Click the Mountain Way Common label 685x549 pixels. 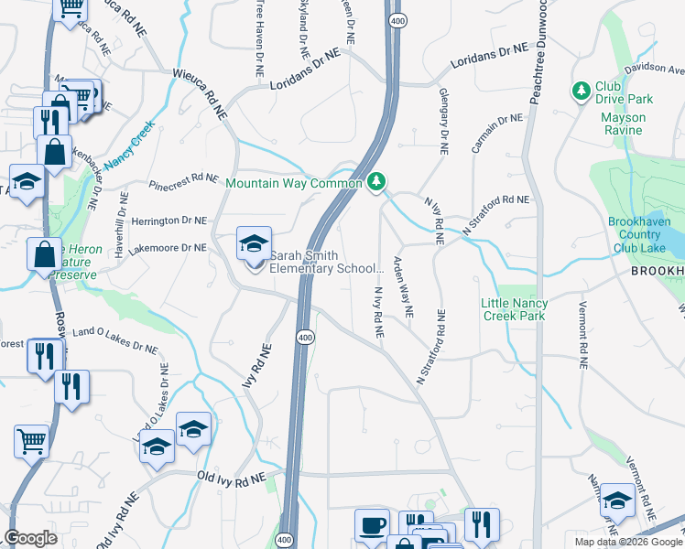pos(294,184)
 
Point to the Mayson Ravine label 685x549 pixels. pos(624,124)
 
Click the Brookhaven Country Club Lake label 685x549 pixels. pos(647,234)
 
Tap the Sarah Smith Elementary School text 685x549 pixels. pos(325,262)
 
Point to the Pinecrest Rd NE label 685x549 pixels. pos(184,180)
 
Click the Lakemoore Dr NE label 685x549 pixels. pos(167,247)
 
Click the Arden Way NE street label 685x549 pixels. pos(404,287)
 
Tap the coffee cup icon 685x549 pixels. pos(371,525)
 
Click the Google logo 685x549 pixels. pos(31,538)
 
